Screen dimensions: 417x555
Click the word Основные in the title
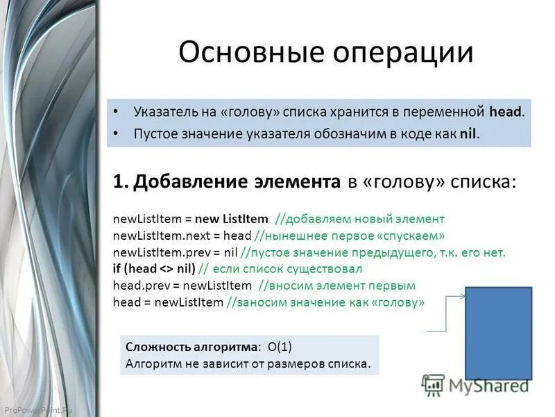(239, 54)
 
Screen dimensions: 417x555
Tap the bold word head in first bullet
(505, 111)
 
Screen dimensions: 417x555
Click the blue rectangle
(498, 333)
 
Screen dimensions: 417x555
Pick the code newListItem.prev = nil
(176, 252)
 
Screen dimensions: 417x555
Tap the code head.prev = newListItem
(181, 286)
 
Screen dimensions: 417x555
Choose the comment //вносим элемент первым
(336, 286)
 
